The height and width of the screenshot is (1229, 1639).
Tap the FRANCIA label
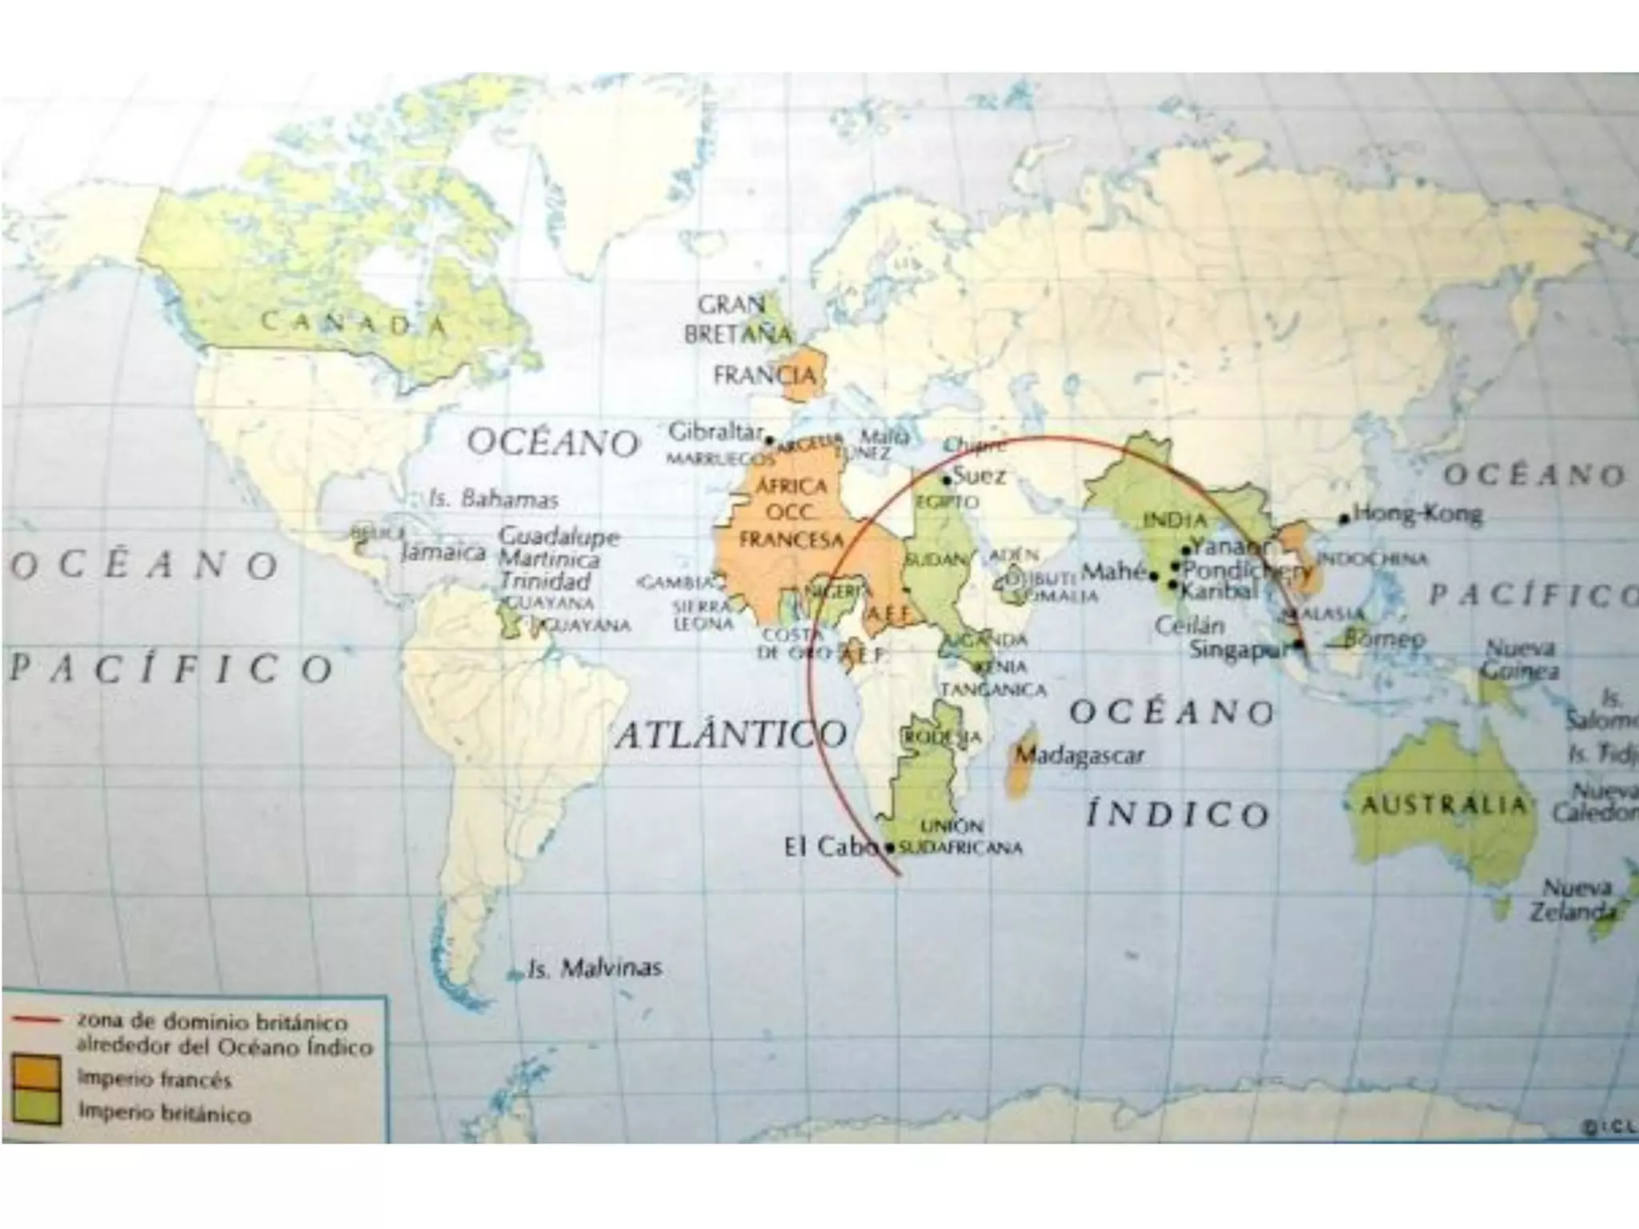(x=764, y=374)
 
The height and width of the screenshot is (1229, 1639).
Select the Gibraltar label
(x=715, y=432)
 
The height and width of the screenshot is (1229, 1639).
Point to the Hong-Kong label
(x=1417, y=513)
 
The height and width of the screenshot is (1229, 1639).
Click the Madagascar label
(x=1079, y=755)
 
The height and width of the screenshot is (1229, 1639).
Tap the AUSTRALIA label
(x=1443, y=804)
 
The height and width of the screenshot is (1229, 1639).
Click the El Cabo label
(x=831, y=847)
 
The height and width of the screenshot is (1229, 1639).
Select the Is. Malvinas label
(x=595, y=969)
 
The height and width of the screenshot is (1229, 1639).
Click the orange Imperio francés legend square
(x=37, y=1074)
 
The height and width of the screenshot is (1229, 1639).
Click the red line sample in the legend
(x=37, y=1021)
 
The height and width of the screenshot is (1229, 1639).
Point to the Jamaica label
(x=443, y=552)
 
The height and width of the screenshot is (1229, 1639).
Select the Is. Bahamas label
(x=494, y=499)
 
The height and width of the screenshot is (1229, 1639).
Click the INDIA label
(x=1174, y=520)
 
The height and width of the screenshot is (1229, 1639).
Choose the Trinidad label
(x=545, y=581)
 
